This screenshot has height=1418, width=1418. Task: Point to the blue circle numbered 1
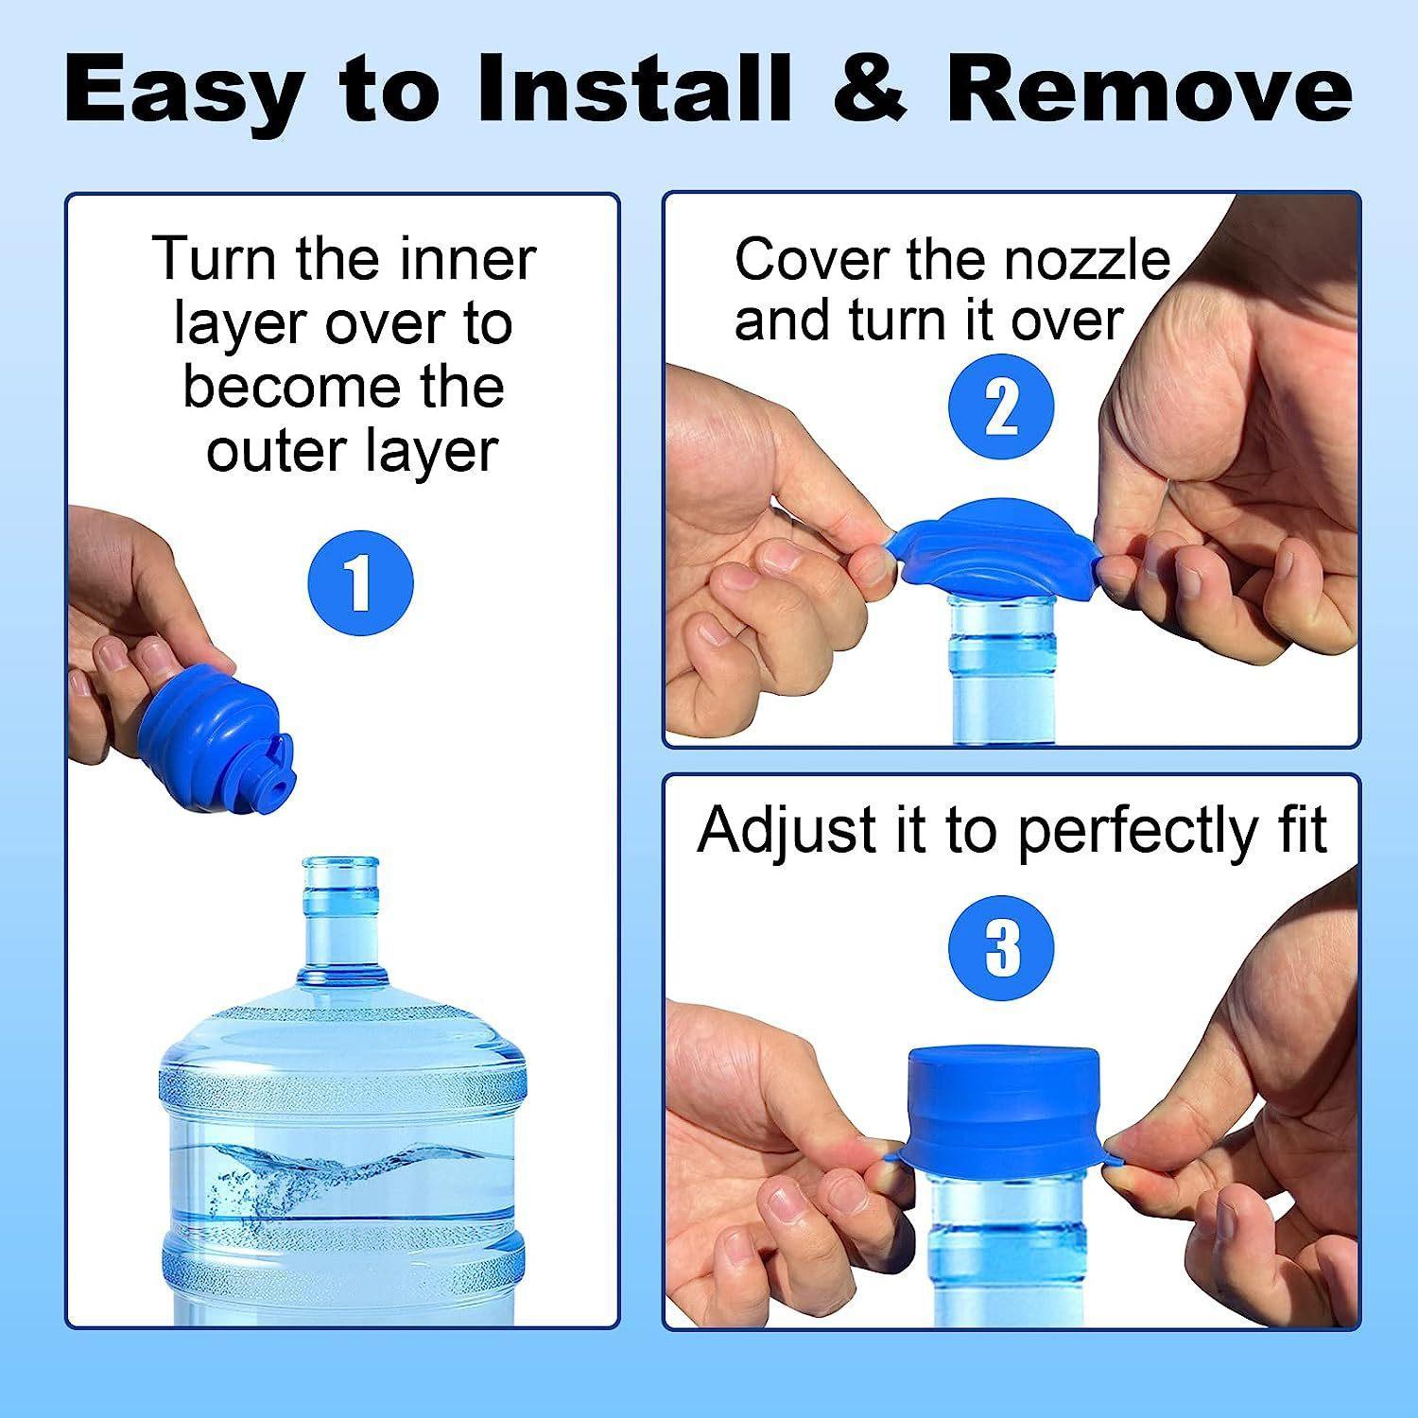pyautogui.click(x=361, y=582)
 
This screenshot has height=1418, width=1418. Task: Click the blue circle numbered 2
pyautogui.click(x=1000, y=408)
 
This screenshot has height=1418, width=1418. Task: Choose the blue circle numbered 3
pyautogui.click(x=1002, y=948)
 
